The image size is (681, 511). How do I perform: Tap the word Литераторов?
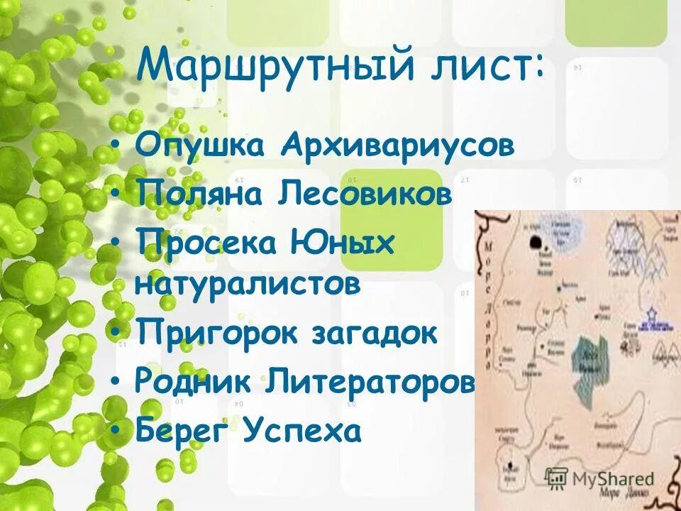point(370,382)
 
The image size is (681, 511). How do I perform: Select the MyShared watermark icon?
point(557,478)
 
